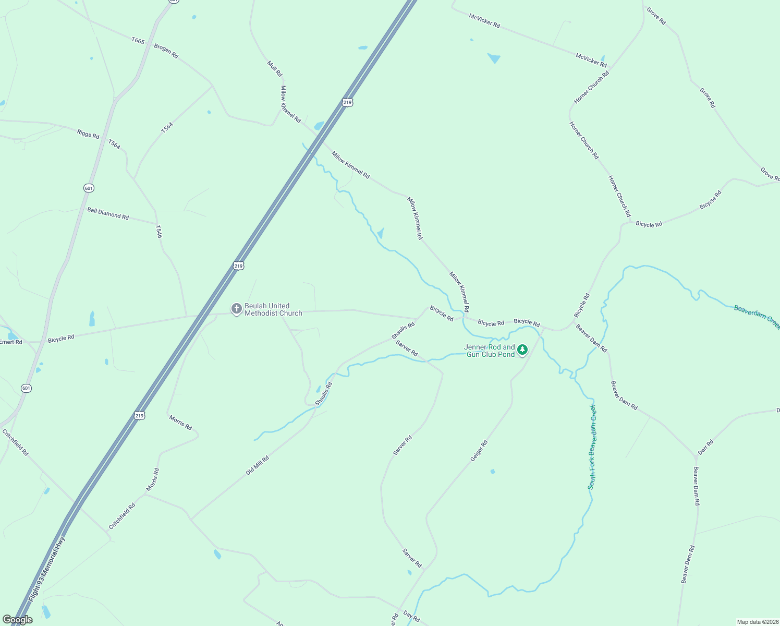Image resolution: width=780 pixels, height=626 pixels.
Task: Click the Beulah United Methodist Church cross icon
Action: [236, 309]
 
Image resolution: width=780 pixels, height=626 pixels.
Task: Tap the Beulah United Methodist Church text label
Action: [273, 309]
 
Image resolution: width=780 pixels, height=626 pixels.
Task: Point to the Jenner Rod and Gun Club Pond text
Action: [490, 351]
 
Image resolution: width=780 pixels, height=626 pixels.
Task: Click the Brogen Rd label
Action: [166, 51]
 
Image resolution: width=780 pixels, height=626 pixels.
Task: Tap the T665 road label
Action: [138, 41]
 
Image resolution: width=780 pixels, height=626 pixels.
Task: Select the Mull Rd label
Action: [275, 68]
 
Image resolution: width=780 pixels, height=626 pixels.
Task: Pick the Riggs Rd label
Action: [88, 134]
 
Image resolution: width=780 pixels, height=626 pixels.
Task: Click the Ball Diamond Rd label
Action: [108, 213]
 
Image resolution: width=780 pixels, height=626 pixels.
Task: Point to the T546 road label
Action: [159, 232]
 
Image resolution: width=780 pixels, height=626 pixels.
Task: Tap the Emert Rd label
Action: [11, 342]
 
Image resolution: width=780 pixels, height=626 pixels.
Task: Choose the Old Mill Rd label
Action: [258, 465]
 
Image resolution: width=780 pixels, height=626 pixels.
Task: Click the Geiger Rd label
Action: [479, 451]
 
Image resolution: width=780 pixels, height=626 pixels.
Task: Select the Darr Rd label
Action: [705, 447]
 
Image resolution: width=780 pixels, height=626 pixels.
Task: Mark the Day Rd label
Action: [411, 618]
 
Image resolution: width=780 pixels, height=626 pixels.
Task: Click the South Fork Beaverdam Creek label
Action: [592, 447]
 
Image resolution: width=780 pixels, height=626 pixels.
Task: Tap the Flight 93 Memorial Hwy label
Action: [47, 569]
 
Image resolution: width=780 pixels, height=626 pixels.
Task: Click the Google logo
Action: [17, 620]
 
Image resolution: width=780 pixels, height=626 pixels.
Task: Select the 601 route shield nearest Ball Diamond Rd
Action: [89, 188]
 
